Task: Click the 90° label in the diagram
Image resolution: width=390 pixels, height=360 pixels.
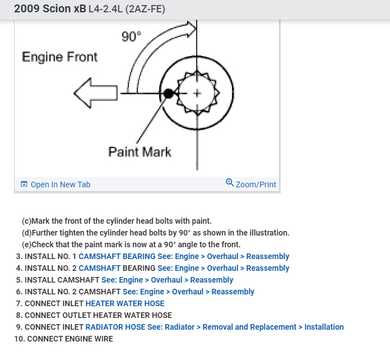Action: coord(132,37)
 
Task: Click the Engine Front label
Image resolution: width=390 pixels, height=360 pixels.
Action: coord(59,57)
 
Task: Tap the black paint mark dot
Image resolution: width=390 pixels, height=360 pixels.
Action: coord(168,94)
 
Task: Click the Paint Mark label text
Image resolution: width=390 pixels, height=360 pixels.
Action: coord(140,152)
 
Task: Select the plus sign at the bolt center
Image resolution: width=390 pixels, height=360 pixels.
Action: coord(197,93)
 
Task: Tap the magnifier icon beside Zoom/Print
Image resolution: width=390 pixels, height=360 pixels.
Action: coord(230,183)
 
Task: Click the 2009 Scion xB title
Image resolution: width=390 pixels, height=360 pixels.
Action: coord(49,9)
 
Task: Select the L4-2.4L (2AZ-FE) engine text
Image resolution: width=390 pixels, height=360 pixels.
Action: coord(127,10)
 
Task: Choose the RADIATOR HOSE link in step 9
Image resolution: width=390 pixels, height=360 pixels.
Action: coord(115,327)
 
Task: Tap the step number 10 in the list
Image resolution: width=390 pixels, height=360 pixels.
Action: coord(19,339)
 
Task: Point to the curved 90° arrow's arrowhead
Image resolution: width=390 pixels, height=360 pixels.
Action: coord(191,27)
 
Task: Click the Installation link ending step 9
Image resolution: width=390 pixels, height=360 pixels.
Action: coord(324,327)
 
